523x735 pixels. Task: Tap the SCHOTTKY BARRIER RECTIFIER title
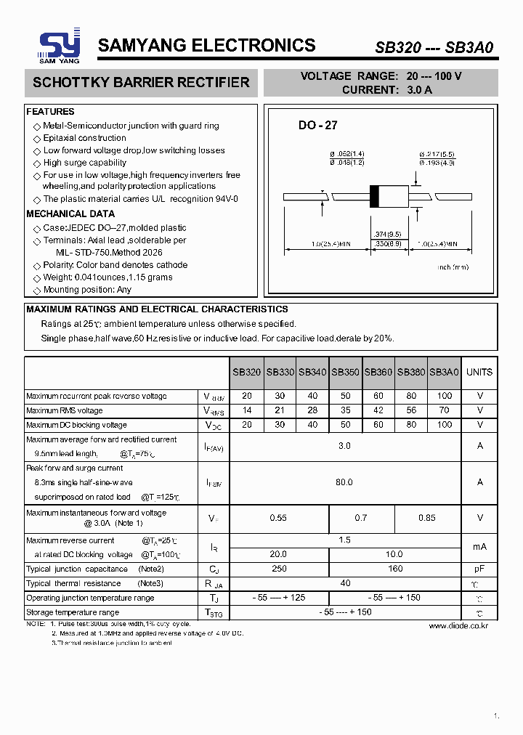click(141, 83)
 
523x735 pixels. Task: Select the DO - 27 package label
click(318, 125)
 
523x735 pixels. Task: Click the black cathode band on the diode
click(375, 196)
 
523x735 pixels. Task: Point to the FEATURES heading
click(50, 112)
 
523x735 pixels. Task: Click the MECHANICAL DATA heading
click(70, 214)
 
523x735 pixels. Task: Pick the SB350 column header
click(345, 372)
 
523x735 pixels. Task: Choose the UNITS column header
click(479, 372)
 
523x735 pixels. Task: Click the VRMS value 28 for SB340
click(312, 411)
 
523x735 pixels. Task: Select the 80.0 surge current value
click(344, 482)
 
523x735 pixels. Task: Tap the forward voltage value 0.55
click(278, 518)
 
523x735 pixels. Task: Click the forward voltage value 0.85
click(427, 518)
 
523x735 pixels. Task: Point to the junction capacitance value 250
click(278, 569)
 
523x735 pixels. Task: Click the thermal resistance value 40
click(345, 583)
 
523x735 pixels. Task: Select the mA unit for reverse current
click(479, 547)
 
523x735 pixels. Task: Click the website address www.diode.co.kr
click(458, 625)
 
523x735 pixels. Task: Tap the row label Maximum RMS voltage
click(65, 411)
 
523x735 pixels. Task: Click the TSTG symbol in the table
click(214, 612)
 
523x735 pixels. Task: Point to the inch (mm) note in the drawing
click(453, 267)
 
